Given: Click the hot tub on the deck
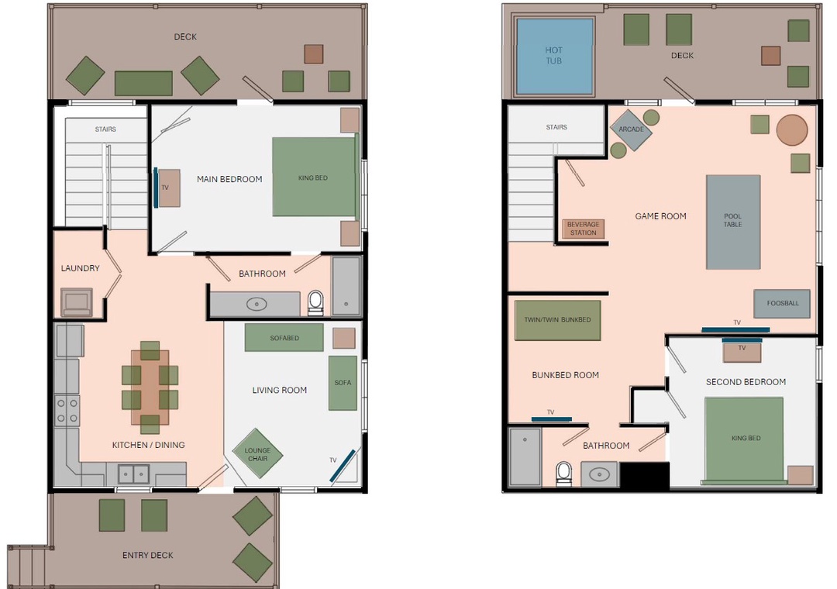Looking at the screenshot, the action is (555, 56).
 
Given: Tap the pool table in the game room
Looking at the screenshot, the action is (733, 222).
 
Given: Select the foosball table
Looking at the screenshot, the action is (782, 303).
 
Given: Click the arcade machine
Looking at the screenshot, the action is (631, 130).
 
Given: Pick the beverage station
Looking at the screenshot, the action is (583, 229).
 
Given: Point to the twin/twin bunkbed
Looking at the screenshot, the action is (557, 320).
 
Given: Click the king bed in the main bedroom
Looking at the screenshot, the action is (315, 177).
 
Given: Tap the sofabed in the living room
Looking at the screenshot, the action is (284, 337).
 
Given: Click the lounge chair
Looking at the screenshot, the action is (257, 453).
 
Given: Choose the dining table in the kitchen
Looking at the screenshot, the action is (150, 387).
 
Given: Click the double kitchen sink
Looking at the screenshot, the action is (133, 473).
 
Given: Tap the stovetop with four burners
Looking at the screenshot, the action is (67, 411).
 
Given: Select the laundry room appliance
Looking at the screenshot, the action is (76, 302).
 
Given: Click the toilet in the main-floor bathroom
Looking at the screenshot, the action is (315, 303).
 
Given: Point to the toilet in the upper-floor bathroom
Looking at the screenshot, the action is (563, 473).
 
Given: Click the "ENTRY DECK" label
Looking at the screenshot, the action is (148, 556).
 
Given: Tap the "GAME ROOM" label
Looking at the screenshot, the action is (661, 216).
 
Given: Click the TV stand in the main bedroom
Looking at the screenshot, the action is (169, 188).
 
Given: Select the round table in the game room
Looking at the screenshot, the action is (792, 129).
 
